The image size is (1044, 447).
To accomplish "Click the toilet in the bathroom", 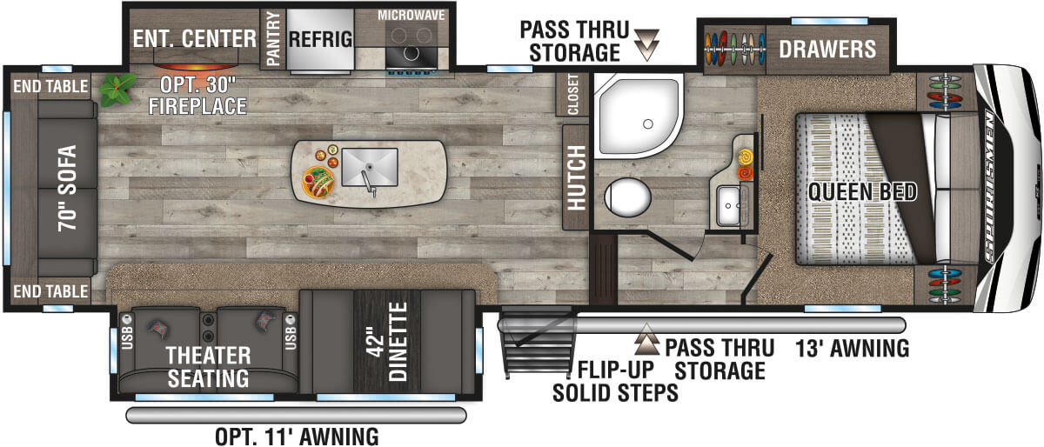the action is (x=627, y=197).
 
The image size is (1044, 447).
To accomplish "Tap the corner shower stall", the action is (x=638, y=116).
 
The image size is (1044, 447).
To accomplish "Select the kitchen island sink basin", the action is (x=370, y=167).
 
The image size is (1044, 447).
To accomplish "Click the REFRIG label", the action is (x=321, y=39).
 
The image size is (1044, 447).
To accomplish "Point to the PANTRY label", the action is (x=273, y=38).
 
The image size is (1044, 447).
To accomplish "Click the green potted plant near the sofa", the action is (x=117, y=89).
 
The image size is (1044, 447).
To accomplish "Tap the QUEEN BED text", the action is (x=862, y=191).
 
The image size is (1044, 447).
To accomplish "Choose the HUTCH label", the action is (x=577, y=177).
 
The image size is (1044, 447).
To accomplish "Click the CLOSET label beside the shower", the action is (x=572, y=94).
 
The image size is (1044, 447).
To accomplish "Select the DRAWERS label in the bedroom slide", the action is (x=827, y=49).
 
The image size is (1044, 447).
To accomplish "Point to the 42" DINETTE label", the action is (x=388, y=341).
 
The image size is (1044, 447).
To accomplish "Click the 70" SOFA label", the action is (x=68, y=188).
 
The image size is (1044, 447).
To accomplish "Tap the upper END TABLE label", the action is (x=50, y=86).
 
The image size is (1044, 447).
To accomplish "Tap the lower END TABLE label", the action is (x=50, y=291).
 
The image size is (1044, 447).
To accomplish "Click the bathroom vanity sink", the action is (x=728, y=205).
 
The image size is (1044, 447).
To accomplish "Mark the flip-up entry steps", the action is (x=538, y=342).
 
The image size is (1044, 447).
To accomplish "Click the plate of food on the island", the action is (x=318, y=183).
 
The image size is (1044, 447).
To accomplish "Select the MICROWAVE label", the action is (x=411, y=16).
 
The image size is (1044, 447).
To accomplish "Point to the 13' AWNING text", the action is (x=852, y=349).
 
